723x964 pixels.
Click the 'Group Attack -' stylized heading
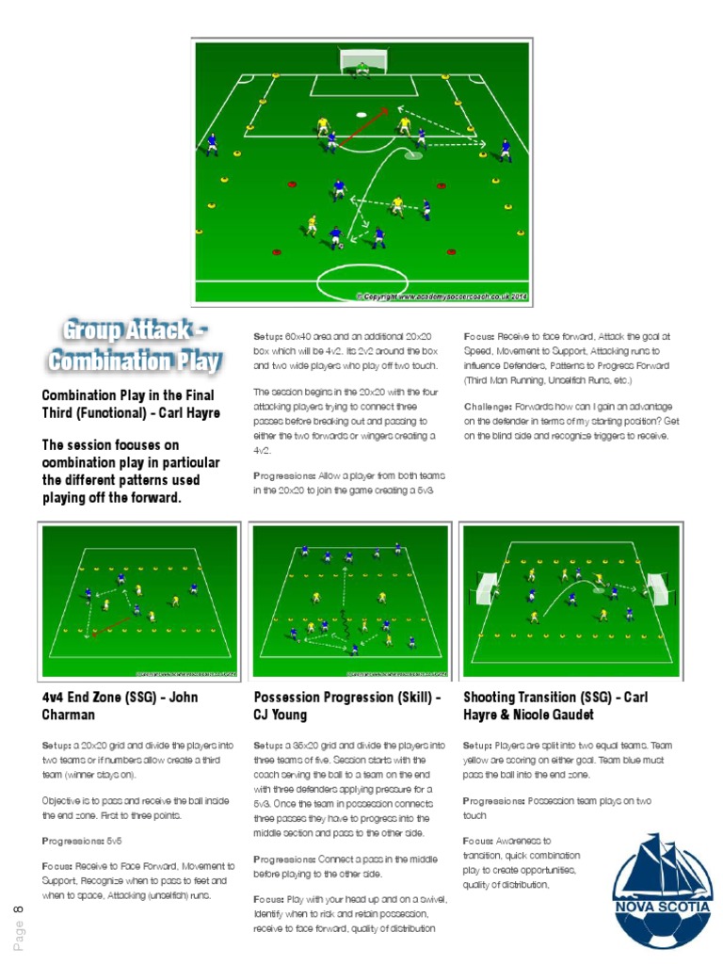coord(135,332)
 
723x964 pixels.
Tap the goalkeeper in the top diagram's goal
coord(361,67)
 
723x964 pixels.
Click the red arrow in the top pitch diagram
coord(363,127)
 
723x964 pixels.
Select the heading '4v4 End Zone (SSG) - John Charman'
coord(120,706)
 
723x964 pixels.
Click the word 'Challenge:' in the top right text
coord(488,408)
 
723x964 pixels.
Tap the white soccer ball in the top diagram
coord(361,115)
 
